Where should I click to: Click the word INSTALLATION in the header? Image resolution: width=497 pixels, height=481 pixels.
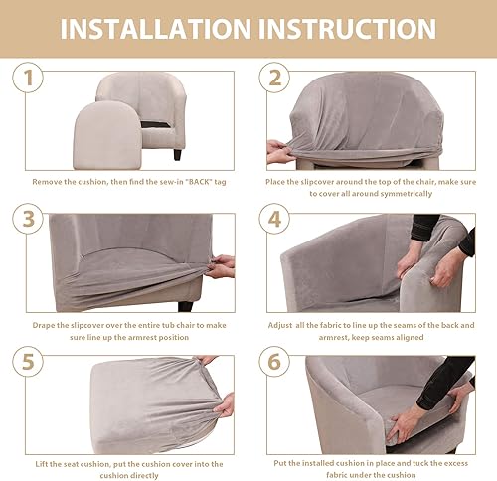pyautogui.click(x=155, y=29)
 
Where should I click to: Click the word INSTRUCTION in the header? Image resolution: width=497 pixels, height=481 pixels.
pyautogui.click(x=347, y=29)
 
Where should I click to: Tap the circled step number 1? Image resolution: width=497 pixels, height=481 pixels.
pyautogui.click(x=28, y=78)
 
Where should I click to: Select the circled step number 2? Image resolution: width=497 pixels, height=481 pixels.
pyautogui.click(x=274, y=78)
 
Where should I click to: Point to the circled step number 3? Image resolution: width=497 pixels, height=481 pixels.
pyautogui.click(x=28, y=219)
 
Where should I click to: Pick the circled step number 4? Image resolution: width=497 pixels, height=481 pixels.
pyautogui.click(x=274, y=219)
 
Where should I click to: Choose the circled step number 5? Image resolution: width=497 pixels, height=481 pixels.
pyautogui.click(x=28, y=362)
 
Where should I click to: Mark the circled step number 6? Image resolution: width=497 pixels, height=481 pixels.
pyautogui.click(x=274, y=362)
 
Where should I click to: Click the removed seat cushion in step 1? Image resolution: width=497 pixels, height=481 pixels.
pyautogui.click(x=107, y=135)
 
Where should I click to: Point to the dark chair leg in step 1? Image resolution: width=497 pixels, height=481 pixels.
pyautogui.click(x=178, y=155)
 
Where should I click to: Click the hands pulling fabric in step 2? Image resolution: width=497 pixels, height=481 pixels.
pyautogui.click(x=281, y=152)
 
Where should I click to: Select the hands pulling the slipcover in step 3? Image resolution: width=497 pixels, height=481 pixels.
pyautogui.click(x=221, y=266)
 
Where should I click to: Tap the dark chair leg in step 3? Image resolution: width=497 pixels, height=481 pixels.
pyautogui.click(x=185, y=306)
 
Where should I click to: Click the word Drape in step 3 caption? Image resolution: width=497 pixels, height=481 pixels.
pyautogui.click(x=44, y=325)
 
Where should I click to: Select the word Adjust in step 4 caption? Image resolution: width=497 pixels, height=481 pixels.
pyautogui.click(x=280, y=326)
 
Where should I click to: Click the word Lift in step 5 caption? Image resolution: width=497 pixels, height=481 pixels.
pyautogui.click(x=42, y=464)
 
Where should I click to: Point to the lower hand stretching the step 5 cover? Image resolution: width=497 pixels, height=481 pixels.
pyautogui.click(x=225, y=404)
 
